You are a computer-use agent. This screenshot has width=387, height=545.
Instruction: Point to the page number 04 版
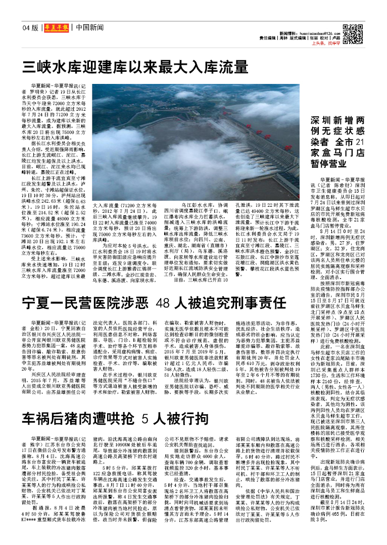pos(30,28)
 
